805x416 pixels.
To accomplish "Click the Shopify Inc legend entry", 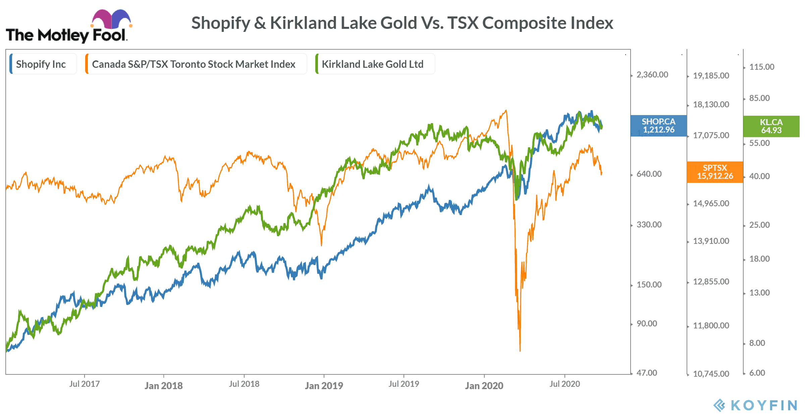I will [41, 64].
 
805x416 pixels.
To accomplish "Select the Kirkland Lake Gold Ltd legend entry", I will [372, 64].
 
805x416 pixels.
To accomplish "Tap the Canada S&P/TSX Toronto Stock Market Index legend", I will [194, 64].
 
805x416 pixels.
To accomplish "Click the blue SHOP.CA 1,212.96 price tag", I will [658, 126].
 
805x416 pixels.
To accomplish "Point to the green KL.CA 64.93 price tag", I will [771, 126].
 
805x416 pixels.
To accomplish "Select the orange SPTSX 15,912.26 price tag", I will [715, 172].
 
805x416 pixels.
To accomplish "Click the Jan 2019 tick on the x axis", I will [324, 385].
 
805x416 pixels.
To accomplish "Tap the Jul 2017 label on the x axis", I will [84, 384].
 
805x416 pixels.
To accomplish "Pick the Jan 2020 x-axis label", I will [484, 385].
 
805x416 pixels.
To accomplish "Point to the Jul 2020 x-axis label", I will [565, 384].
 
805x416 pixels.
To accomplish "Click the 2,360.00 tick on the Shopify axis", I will [652, 75].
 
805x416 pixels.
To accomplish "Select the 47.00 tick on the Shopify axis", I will [647, 373].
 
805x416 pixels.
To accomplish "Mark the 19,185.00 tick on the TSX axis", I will [711, 76].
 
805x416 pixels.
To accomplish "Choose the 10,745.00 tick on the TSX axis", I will [711, 374].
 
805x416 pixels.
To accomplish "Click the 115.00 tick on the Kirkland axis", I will [762, 67].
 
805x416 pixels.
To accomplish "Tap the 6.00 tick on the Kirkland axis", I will [757, 373].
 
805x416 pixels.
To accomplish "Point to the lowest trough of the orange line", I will [520, 350].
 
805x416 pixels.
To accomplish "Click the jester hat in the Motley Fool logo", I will [111, 19].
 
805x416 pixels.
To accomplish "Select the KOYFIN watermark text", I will [763, 405].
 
